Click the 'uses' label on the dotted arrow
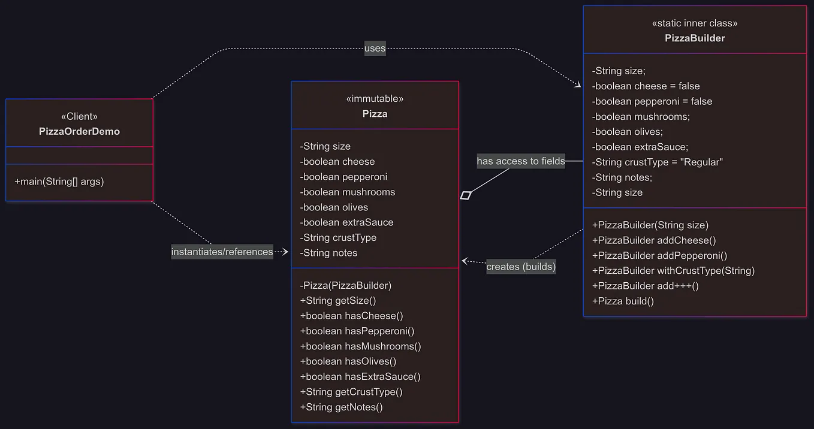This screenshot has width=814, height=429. coord(375,49)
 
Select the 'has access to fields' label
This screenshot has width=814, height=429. coord(520,161)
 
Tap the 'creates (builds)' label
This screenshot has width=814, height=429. coord(520,267)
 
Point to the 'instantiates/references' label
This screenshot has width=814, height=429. coord(222,252)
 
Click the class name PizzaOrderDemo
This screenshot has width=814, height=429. coord(79,131)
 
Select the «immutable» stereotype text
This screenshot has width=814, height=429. coord(375,98)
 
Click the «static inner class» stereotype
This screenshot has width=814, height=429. coord(694,23)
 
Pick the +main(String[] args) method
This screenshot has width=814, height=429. coord(59,181)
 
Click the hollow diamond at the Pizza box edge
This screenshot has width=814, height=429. coord(466,195)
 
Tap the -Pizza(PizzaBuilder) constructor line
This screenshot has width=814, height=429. coord(346,285)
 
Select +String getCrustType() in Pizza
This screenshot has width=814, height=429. coord(351,392)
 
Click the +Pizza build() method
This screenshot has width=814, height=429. coord(622,301)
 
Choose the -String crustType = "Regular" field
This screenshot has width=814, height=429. coord(657,162)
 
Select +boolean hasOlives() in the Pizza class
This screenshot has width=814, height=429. coord(348,361)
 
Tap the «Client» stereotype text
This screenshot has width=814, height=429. coord(79,116)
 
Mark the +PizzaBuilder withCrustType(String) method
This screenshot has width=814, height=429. coord(673,271)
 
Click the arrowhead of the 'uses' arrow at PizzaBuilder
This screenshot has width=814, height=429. coord(578,86)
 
